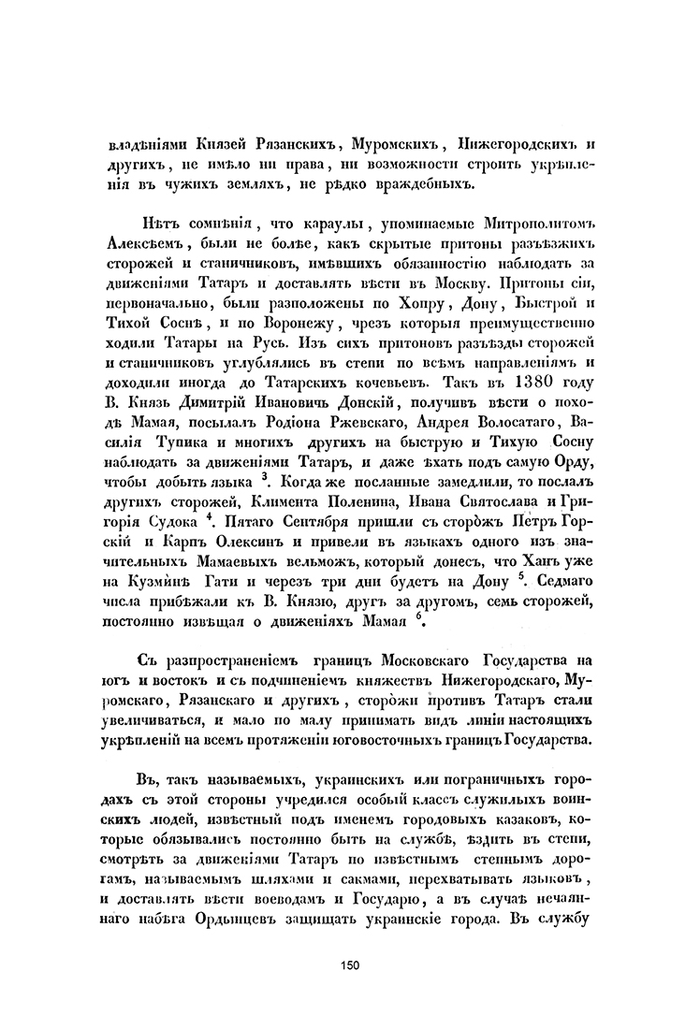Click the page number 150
[x=351, y=964]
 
